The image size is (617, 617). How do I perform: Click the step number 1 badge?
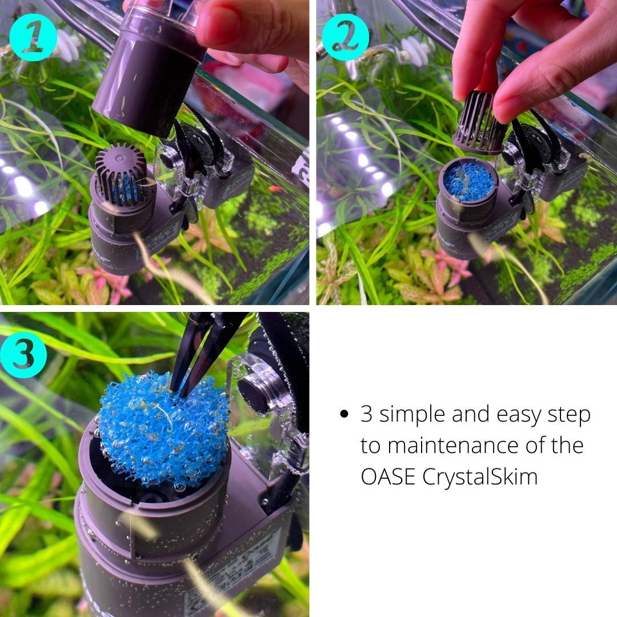click(33, 37)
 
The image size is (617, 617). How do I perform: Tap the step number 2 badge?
click(345, 37)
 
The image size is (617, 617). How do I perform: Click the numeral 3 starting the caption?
click(366, 414)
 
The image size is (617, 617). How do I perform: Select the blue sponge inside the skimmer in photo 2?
click(468, 181)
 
